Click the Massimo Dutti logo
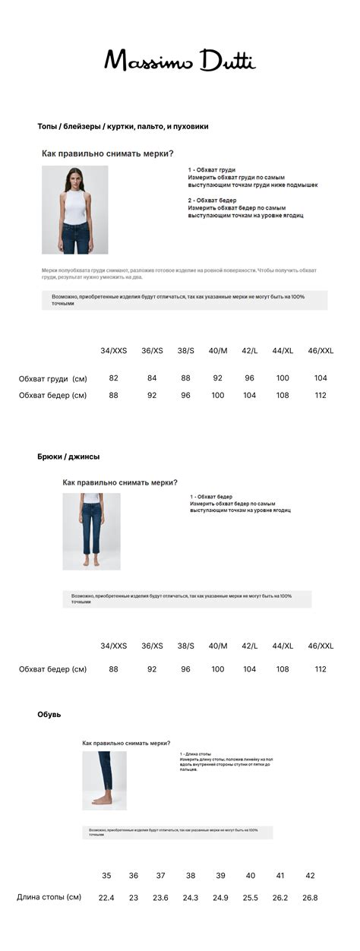click(180, 60)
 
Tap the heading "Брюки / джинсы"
click(68, 457)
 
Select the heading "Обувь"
click(49, 715)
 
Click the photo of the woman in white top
click(74, 210)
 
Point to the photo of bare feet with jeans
click(104, 780)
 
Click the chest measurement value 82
click(114, 378)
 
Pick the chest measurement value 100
click(283, 378)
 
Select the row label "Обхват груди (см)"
click(53, 378)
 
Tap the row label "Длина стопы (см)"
click(49, 897)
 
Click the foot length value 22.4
click(106, 898)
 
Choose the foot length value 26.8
click(310, 898)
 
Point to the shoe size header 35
click(106, 876)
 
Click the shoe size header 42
click(310, 876)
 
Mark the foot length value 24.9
click(220, 898)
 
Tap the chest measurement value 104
click(321, 378)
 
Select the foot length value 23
click(134, 898)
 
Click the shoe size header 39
click(220, 876)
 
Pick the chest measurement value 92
click(218, 378)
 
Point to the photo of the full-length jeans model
click(91, 531)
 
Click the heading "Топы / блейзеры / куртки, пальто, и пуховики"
click(123, 126)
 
